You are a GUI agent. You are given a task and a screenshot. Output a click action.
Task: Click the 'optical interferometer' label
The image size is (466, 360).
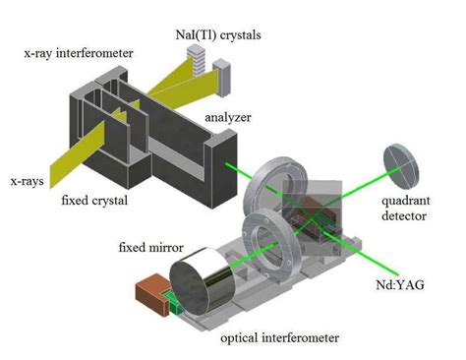click(282, 337)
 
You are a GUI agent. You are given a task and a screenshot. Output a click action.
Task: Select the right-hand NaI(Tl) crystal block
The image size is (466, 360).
click(222, 72)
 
